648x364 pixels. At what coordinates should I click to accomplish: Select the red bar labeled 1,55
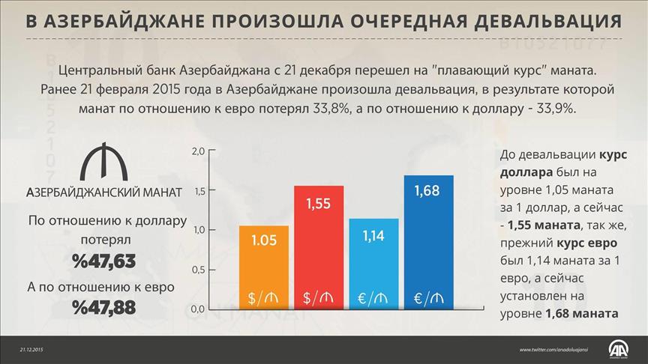318,247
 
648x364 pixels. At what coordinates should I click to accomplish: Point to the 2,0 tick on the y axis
198,152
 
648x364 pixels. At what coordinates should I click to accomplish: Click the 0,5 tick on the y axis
198,269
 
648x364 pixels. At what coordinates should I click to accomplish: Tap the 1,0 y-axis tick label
198,230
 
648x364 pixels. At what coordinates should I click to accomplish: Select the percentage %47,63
103,261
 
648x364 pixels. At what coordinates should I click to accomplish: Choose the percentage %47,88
103,307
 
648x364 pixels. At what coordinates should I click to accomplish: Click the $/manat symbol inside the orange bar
263,298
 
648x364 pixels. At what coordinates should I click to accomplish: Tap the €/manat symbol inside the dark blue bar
428,298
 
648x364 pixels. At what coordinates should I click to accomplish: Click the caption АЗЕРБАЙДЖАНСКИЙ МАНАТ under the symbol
103,192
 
